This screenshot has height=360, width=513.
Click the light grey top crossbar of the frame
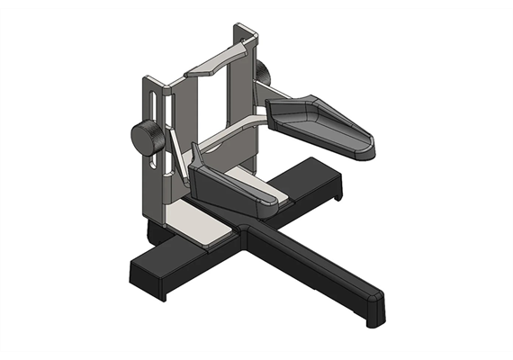click(216, 61)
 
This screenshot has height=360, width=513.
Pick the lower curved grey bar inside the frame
click(229, 133)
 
